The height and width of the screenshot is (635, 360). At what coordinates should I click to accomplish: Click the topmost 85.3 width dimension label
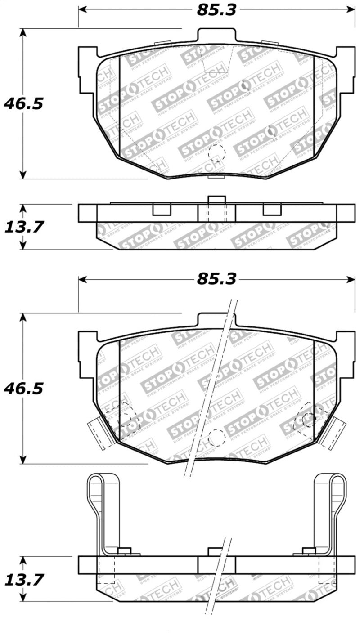(x=216, y=10)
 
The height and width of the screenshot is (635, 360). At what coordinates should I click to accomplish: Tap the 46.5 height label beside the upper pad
(x=23, y=104)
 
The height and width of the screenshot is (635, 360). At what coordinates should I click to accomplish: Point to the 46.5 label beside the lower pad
(x=23, y=388)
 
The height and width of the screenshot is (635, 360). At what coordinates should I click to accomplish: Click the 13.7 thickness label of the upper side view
(x=23, y=227)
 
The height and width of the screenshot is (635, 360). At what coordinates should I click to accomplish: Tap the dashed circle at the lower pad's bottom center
(x=216, y=437)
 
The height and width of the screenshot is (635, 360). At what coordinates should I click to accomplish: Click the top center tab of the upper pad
(x=216, y=36)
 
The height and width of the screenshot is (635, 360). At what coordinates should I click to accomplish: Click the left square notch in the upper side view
(x=162, y=210)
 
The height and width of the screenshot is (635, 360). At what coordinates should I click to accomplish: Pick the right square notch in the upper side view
(x=272, y=210)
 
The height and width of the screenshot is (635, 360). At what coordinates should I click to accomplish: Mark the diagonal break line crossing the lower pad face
(x=211, y=387)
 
